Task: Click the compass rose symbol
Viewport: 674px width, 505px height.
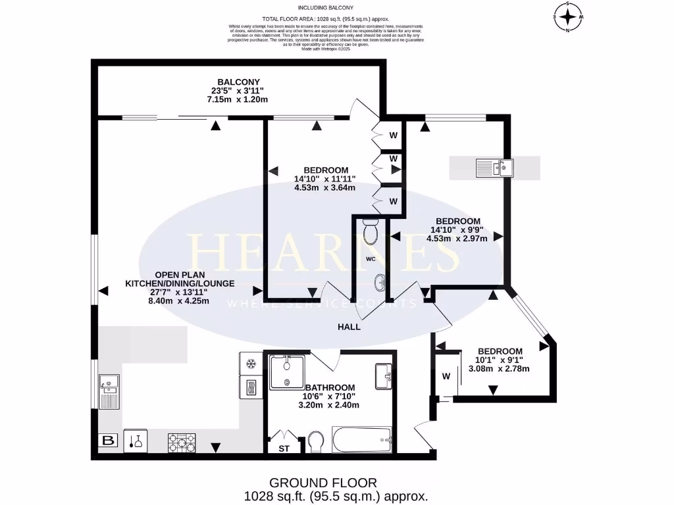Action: pyautogui.click(x=567, y=16)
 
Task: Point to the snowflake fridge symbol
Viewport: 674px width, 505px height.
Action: pyautogui.click(x=250, y=364)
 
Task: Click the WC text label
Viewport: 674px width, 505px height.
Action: pyautogui.click(x=371, y=258)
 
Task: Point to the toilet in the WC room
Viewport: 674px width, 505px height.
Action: pyautogui.click(x=370, y=232)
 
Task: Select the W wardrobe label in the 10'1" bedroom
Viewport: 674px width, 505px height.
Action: pyautogui.click(x=446, y=377)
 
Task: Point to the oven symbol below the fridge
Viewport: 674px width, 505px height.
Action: pyautogui.click(x=250, y=389)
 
